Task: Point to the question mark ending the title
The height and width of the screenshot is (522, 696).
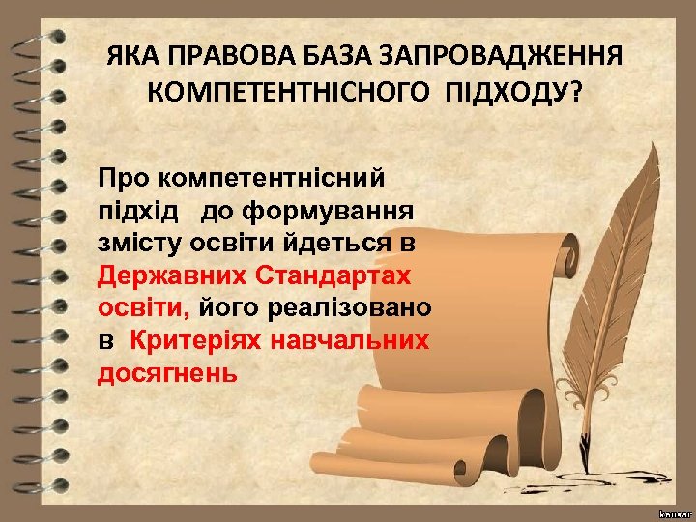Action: (577, 93)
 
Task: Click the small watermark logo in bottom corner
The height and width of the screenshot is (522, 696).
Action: (675, 508)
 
